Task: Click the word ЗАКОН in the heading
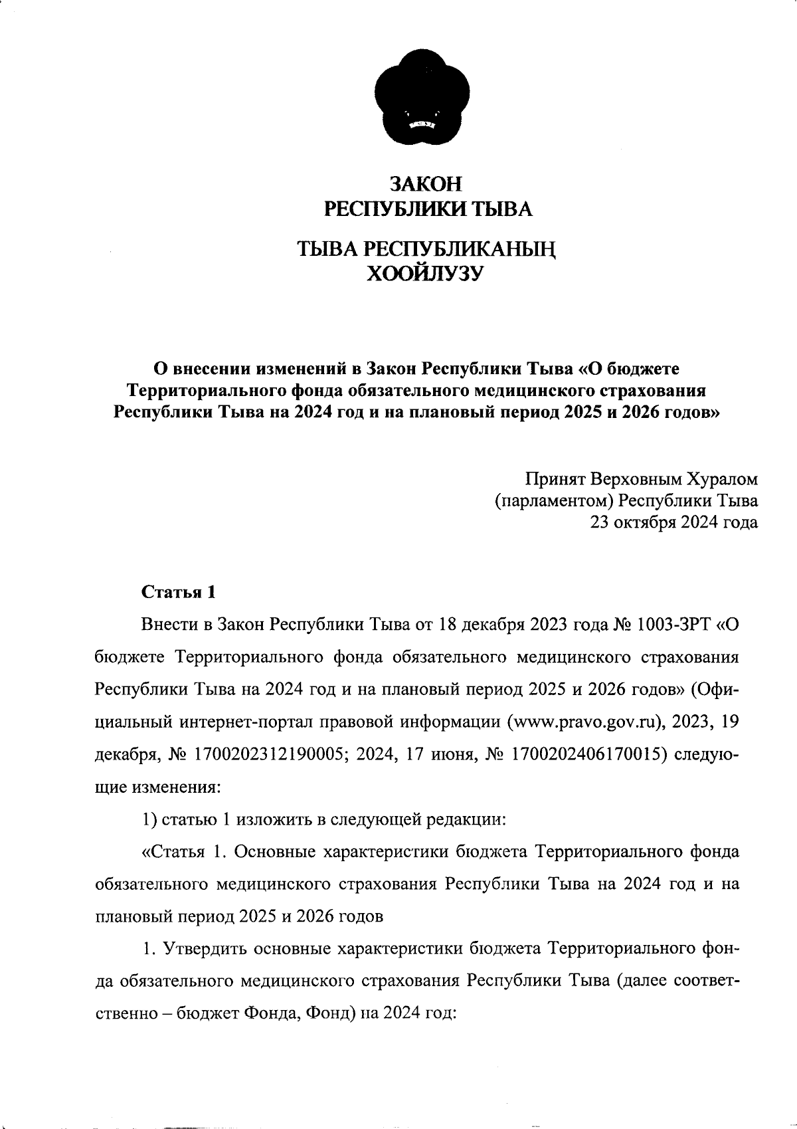click(x=425, y=183)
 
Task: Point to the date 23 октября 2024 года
click(x=674, y=522)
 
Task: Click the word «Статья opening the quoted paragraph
click(x=173, y=853)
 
